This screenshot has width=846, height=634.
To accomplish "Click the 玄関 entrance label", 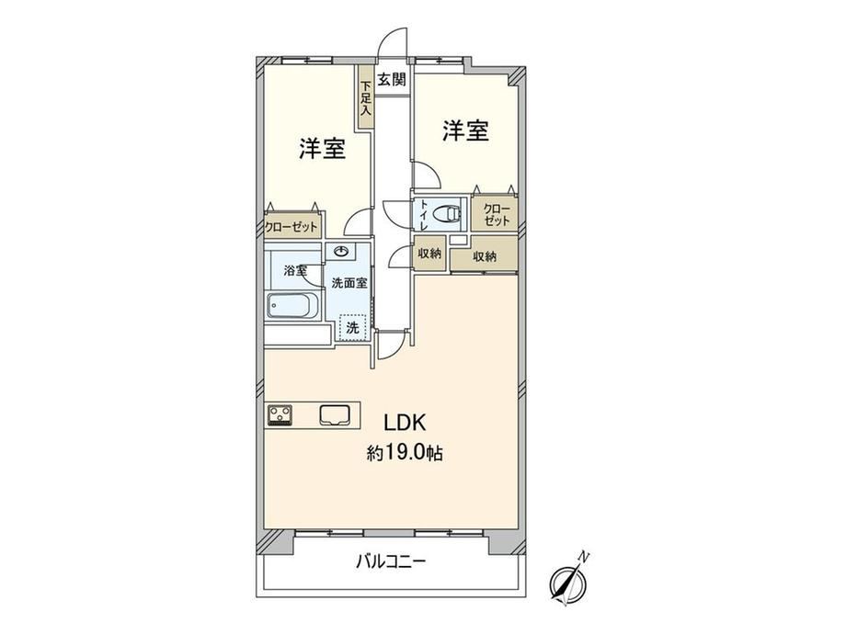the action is tap(391, 80).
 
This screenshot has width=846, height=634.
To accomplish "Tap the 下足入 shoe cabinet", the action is tap(366, 97).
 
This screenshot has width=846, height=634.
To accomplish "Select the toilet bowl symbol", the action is tap(452, 213).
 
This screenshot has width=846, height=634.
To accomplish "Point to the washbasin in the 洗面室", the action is tap(341, 251).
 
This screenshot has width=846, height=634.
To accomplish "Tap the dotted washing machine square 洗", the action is tap(352, 327).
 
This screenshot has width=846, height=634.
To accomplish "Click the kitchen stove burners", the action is tap(280, 415).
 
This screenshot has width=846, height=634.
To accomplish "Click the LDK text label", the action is tap(405, 423).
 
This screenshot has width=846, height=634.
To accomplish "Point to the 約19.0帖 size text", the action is tap(405, 453).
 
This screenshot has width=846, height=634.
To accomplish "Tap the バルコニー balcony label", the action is tap(391, 562).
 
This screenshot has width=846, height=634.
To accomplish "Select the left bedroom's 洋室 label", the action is tap(323, 148).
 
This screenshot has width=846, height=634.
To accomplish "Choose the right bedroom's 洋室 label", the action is tap(465, 130).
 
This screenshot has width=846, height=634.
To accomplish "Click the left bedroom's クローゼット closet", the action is tap(292, 226).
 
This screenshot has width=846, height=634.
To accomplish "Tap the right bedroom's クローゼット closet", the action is tap(495, 214).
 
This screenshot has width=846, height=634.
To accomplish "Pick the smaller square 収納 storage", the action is tap(429, 253).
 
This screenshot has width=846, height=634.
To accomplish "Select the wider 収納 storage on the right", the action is tap(484, 256).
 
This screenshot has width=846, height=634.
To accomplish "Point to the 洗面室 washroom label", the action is tap(349, 283).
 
